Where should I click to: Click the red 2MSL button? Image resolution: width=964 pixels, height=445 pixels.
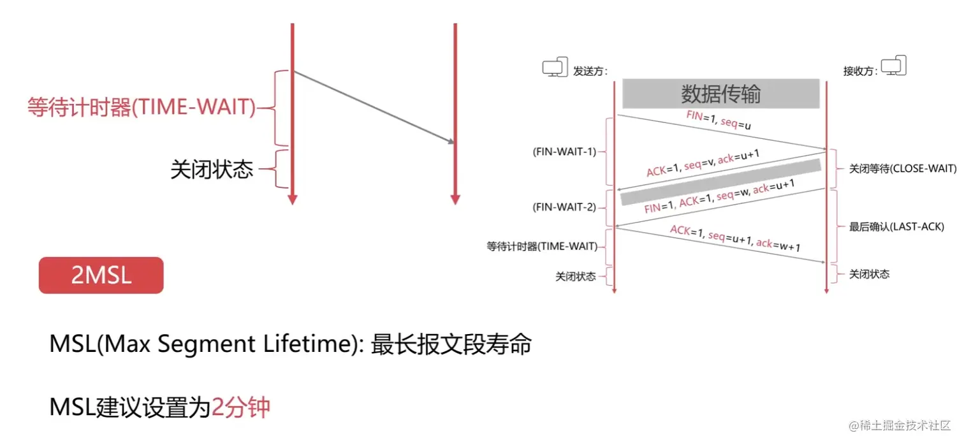point(101,275)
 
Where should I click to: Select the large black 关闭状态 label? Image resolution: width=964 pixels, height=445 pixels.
point(212,169)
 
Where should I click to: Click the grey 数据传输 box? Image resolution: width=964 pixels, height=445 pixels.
point(720,94)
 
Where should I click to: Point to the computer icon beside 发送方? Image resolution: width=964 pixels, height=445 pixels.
point(554,68)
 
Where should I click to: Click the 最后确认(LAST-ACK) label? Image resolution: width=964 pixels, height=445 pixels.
point(896,226)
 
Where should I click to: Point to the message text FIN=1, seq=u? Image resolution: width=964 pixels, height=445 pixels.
point(718,120)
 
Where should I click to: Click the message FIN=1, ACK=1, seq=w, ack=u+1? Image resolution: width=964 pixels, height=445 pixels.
point(719,197)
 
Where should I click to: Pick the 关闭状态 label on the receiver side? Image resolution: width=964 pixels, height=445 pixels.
point(869,274)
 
